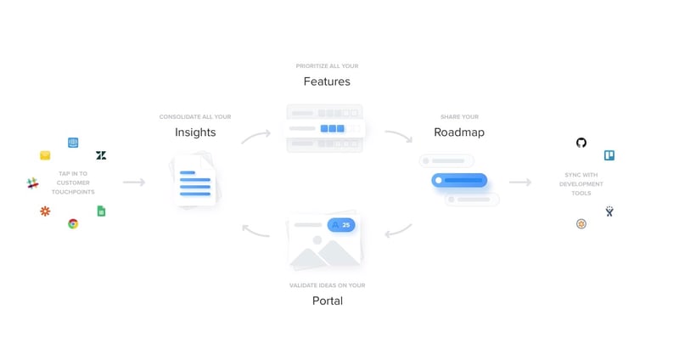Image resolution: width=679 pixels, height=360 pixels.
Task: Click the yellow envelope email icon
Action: tap(45, 155)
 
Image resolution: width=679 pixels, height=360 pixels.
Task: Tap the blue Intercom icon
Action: tap(73, 143)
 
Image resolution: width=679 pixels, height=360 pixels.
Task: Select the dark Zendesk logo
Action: tap(101, 155)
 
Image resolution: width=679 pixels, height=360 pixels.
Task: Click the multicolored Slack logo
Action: tap(33, 183)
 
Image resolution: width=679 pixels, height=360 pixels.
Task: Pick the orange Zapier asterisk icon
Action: tap(45, 211)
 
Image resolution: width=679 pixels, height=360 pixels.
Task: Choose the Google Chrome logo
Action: tap(73, 223)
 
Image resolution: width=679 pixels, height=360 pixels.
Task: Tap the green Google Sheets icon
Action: tap(101, 211)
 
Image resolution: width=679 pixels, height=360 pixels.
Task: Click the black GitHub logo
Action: tap(581, 143)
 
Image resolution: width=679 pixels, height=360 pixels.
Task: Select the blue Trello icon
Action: tap(609, 155)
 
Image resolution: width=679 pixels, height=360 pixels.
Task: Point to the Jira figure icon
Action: tap(609, 211)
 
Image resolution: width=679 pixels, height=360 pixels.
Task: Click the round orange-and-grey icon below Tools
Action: tap(581, 223)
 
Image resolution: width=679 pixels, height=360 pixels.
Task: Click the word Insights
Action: tap(195, 132)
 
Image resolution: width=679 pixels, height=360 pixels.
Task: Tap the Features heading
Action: tap(327, 82)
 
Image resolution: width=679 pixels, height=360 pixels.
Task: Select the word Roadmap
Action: tap(459, 132)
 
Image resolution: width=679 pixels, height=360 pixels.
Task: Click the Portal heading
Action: tap(327, 301)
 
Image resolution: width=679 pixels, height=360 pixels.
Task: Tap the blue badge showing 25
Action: tap(341, 225)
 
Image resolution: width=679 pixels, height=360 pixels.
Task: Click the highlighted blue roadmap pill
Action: tap(459, 180)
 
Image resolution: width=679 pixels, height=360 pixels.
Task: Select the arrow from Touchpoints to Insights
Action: tap(134, 182)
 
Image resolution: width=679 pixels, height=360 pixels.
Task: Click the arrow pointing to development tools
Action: tap(520, 182)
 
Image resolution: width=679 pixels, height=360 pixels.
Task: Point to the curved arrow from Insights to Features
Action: tap(255, 136)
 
